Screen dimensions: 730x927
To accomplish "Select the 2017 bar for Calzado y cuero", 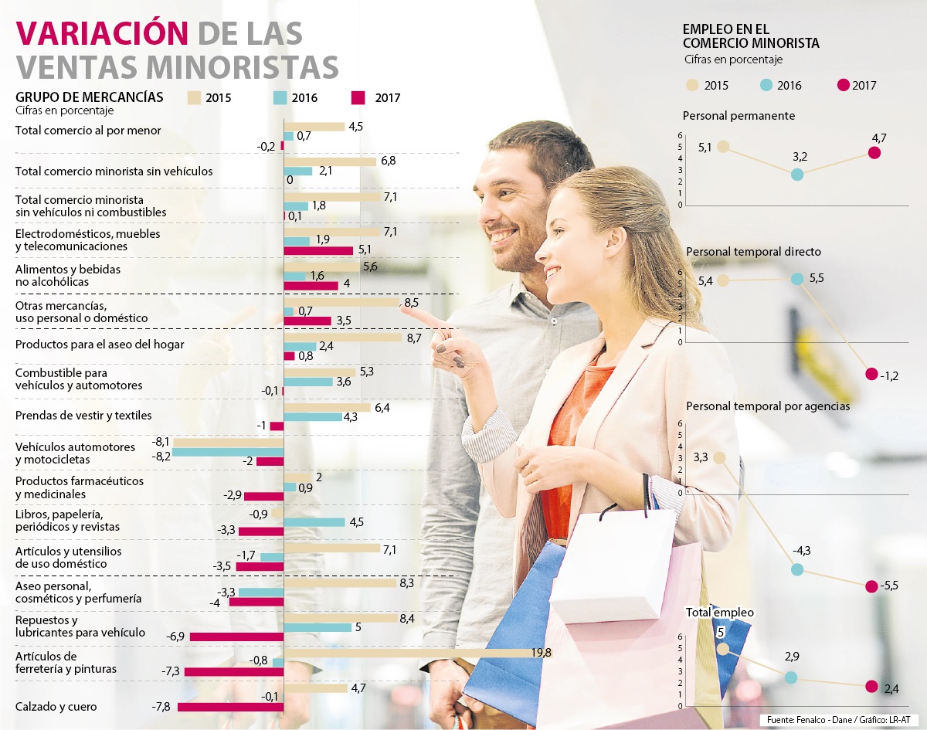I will tap(231, 707).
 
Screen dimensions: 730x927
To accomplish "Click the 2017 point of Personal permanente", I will tap(874, 152).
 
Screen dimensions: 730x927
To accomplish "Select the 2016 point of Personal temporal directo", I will tap(797, 279).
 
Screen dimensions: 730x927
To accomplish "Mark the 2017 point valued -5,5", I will tap(872, 586).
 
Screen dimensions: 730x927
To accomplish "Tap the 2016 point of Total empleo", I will tap(790, 677).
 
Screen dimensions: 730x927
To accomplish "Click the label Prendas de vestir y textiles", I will tap(83, 416).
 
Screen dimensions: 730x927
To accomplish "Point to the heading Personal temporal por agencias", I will tap(768, 406).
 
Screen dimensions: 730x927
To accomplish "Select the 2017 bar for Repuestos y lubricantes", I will tap(237, 637).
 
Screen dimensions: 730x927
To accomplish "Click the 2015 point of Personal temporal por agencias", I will tap(719, 457).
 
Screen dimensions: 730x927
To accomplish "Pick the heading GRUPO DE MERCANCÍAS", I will tap(89, 97).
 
